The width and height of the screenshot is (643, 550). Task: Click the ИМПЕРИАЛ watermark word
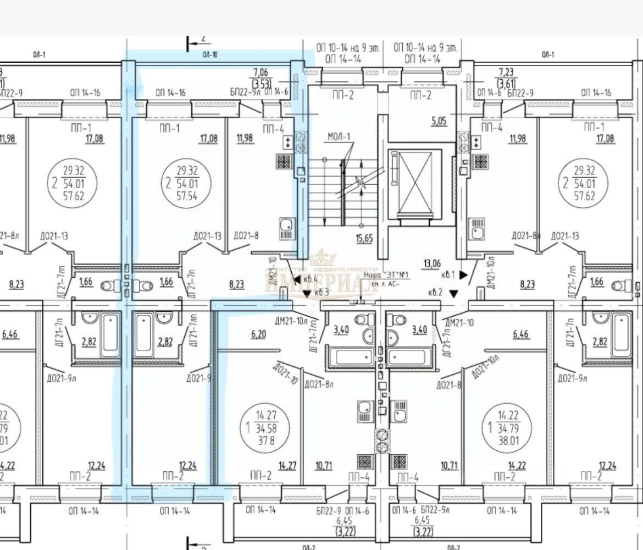(x=322, y=285)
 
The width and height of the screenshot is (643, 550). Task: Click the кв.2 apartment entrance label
(x=437, y=293)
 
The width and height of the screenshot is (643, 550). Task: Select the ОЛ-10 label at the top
(x=209, y=54)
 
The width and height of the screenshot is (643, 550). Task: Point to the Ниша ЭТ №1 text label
(x=387, y=274)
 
